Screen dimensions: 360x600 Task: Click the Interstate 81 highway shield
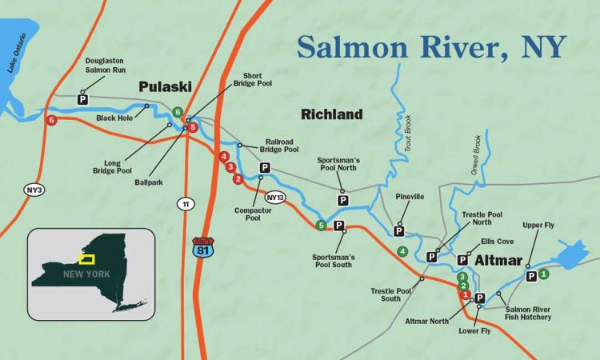tap(202, 246)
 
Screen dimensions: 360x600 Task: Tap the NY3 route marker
tap(33, 190)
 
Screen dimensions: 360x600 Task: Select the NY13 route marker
tap(275, 197)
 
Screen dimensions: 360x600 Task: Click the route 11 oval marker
tap(186, 205)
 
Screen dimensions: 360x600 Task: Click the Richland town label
tap(331, 114)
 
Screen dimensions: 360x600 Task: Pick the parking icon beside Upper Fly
tap(531, 276)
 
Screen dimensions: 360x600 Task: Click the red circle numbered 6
tap(52, 121)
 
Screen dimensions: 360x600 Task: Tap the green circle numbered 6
tap(178, 112)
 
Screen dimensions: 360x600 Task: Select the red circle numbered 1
tap(466, 294)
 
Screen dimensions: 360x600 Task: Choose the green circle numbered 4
tap(402, 252)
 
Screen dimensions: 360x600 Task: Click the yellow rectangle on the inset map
tap(88, 259)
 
